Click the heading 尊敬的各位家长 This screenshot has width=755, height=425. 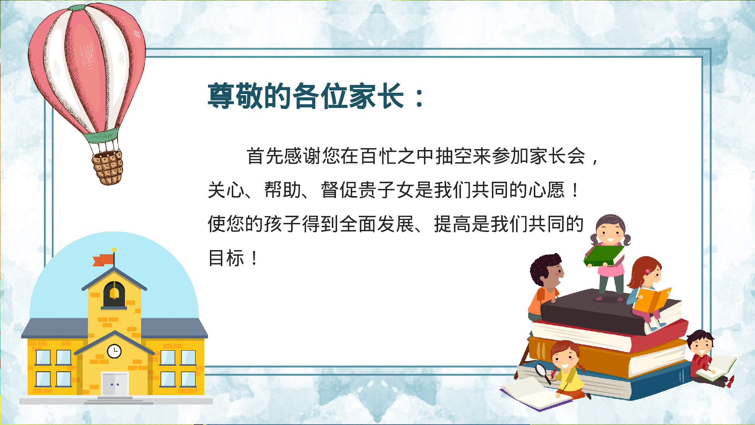(x=306, y=96)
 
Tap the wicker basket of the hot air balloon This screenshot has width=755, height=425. (x=108, y=167)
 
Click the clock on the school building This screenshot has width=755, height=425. (x=114, y=351)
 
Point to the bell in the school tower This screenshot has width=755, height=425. (x=114, y=293)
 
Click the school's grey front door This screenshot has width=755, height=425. (x=115, y=384)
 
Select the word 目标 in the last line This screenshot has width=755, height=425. (x=226, y=258)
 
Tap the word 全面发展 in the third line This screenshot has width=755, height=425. (x=377, y=224)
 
